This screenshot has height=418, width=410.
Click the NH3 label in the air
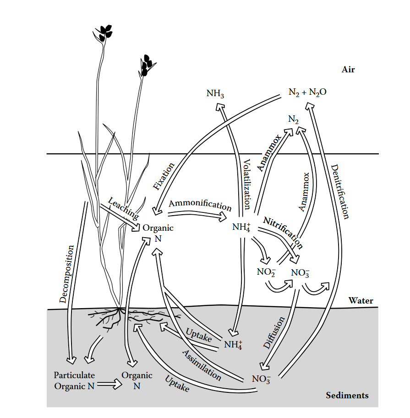click(x=215, y=94)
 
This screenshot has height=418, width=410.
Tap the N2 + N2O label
click(x=307, y=92)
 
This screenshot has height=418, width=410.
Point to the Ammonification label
click(x=200, y=204)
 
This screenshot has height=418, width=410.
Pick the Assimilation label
click(x=202, y=365)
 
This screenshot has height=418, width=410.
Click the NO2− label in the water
click(x=266, y=271)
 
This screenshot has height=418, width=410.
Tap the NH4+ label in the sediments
click(x=233, y=344)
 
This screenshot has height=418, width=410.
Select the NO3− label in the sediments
click(x=261, y=379)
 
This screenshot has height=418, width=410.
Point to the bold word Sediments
click(x=347, y=396)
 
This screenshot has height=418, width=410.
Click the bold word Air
click(x=348, y=70)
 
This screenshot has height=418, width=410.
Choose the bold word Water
click(x=361, y=301)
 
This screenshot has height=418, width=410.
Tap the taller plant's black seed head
click(x=106, y=32)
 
